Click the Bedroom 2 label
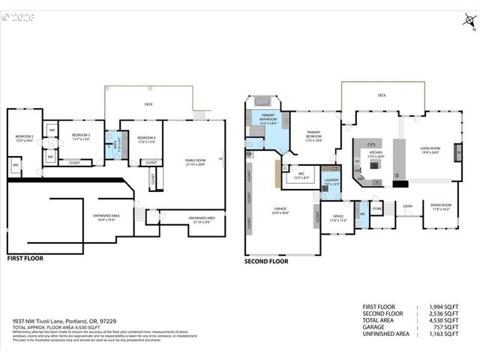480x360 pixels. point(25,138)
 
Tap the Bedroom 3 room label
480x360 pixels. point(81,136)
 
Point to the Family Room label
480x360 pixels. point(196,162)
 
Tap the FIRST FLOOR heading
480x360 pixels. point(25,258)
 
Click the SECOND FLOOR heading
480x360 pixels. point(266,262)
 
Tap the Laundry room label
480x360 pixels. point(332,181)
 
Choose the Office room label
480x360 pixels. point(337,218)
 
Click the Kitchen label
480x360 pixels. point(375,154)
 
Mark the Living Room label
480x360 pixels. point(430,150)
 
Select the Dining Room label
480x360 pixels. point(440,207)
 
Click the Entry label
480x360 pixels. point(407,206)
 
